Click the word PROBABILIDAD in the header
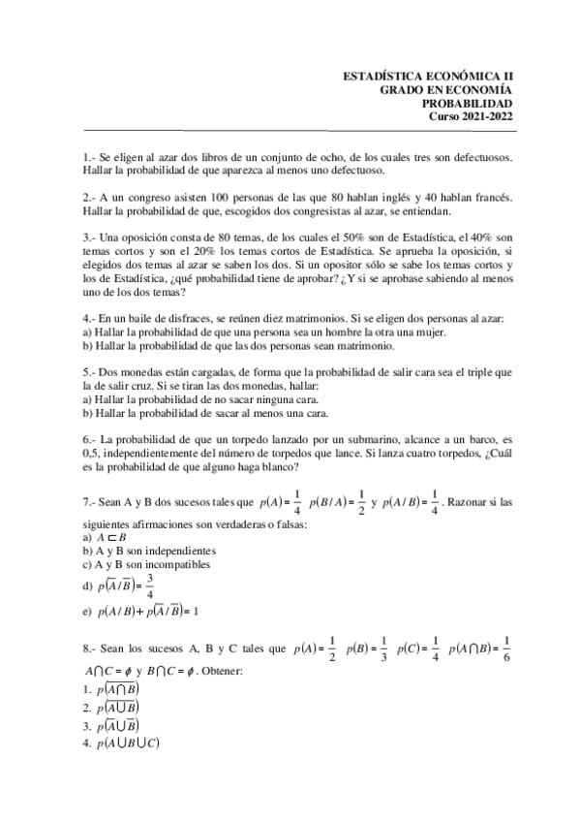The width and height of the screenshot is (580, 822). point(468,103)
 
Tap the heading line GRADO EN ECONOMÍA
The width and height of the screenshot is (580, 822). point(446,89)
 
